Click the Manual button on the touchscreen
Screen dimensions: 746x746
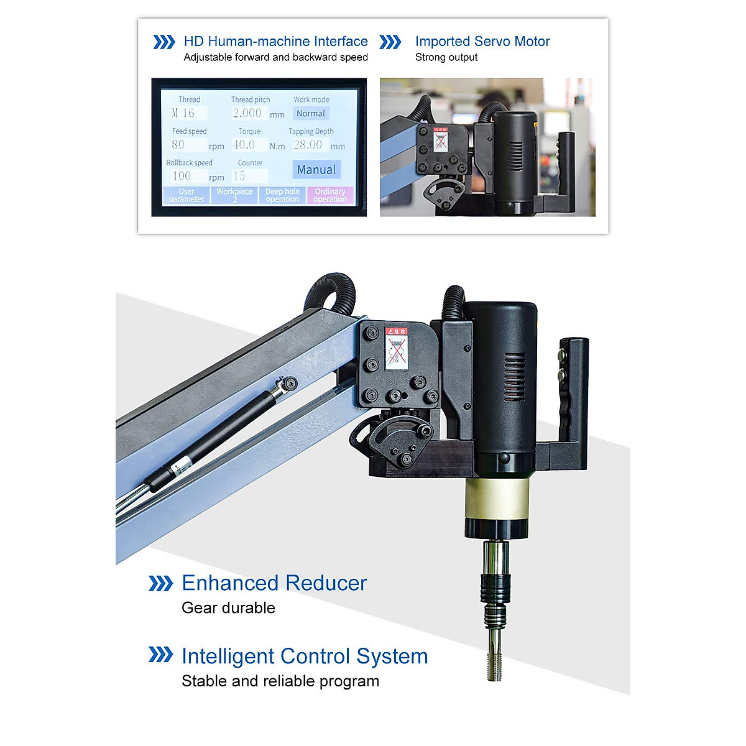point(316,170)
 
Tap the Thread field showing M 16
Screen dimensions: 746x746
point(188,113)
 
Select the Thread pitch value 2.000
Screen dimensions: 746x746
point(247,113)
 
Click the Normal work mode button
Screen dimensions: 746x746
point(311,114)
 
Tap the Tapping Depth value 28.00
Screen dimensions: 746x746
point(309,145)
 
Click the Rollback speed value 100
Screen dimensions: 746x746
point(185,176)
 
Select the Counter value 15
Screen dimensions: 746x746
point(249,176)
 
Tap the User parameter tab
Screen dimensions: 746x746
point(186,195)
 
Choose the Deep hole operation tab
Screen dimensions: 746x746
point(282,195)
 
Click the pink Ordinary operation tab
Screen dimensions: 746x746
point(330,195)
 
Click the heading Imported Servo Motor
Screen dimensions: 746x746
point(482,42)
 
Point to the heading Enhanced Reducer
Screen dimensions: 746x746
point(274,583)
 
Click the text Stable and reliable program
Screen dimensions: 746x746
point(280,681)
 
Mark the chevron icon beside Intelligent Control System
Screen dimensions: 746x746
point(160,655)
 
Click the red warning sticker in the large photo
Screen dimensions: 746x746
point(396,349)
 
